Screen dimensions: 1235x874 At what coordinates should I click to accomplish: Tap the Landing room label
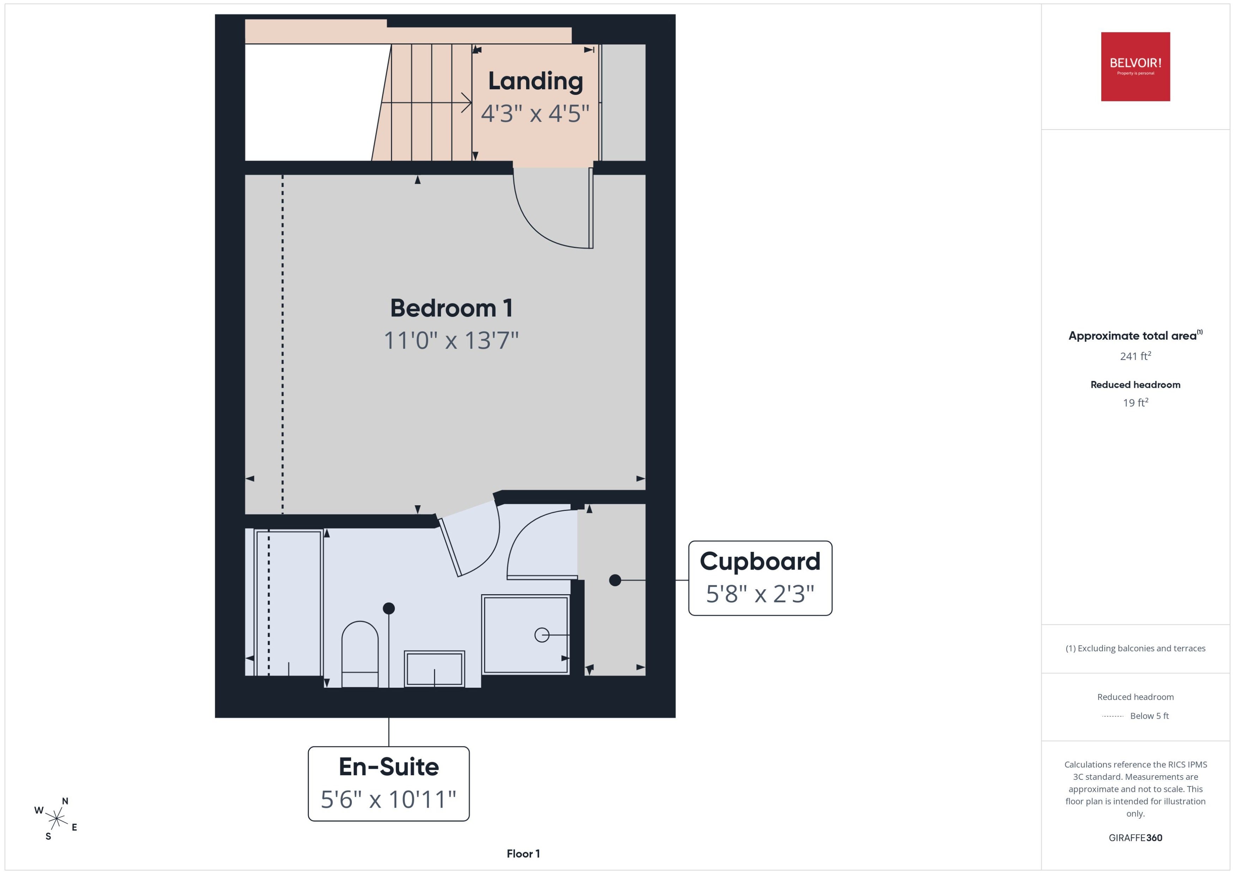[x=535, y=81]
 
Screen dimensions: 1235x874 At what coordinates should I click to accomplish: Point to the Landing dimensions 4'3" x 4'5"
[x=535, y=114]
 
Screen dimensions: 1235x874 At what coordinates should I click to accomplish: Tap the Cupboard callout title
[x=760, y=561]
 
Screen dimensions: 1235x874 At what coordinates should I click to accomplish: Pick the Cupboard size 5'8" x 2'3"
[x=760, y=593]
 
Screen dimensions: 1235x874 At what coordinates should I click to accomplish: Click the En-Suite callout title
[x=388, y=766]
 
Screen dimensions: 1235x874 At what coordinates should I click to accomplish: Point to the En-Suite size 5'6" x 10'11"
[x=388, y=799]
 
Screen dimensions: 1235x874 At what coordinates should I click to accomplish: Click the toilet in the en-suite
[x=360, y=654]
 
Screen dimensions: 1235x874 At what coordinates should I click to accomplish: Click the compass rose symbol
[x=56, y=819]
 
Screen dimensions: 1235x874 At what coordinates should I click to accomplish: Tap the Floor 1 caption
[x=523, y=854]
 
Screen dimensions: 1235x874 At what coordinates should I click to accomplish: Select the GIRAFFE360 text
[x=1135, y=838]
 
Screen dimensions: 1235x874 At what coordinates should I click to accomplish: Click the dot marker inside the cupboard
[x=615, y=580]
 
